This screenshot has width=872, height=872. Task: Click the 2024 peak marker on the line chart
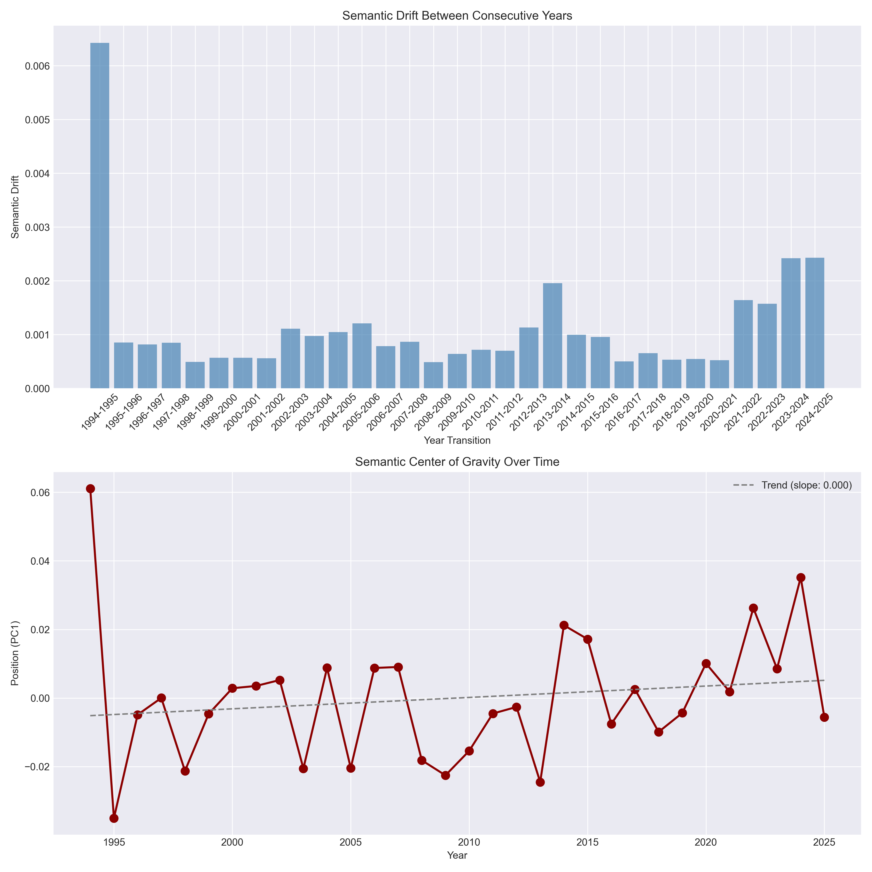point(801,577)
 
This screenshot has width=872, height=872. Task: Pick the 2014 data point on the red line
point(564,625)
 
